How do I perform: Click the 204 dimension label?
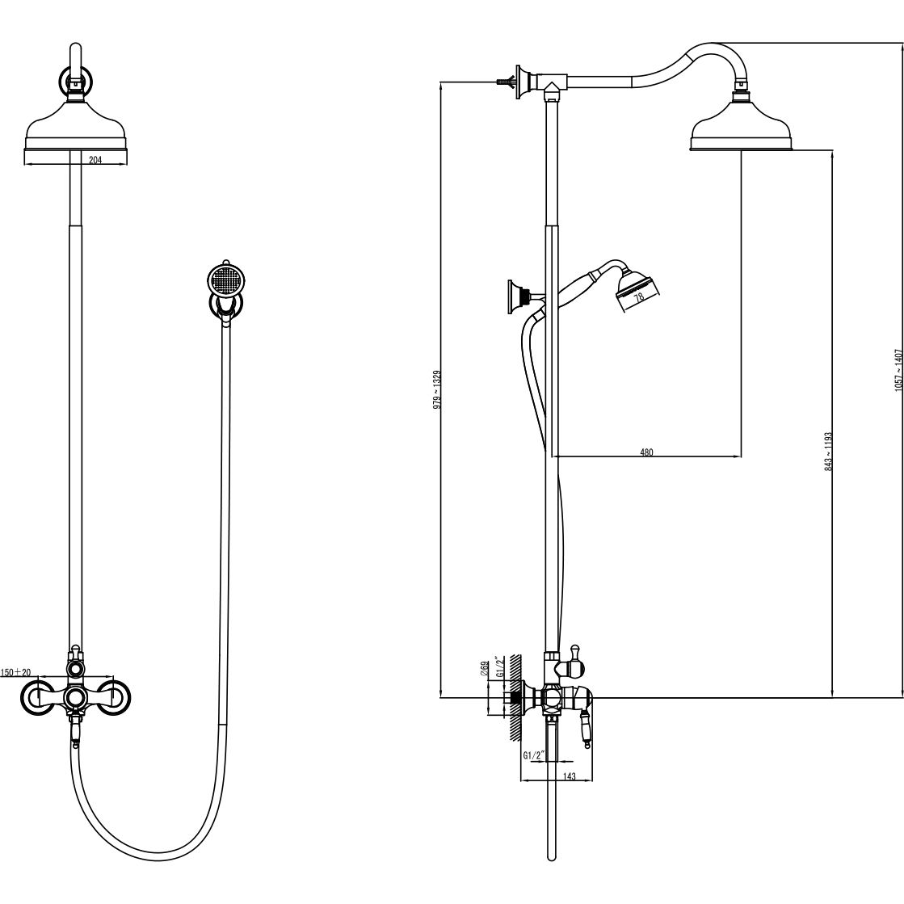point(95,160)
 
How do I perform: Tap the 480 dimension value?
point(647,452)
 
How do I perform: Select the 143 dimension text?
point(569,776)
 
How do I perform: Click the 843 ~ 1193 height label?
point(829,452)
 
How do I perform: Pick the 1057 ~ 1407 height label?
point(898,371)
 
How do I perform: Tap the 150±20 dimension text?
point(15,672)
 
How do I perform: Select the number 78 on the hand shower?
point(637,298)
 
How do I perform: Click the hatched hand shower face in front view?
point(223,281)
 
